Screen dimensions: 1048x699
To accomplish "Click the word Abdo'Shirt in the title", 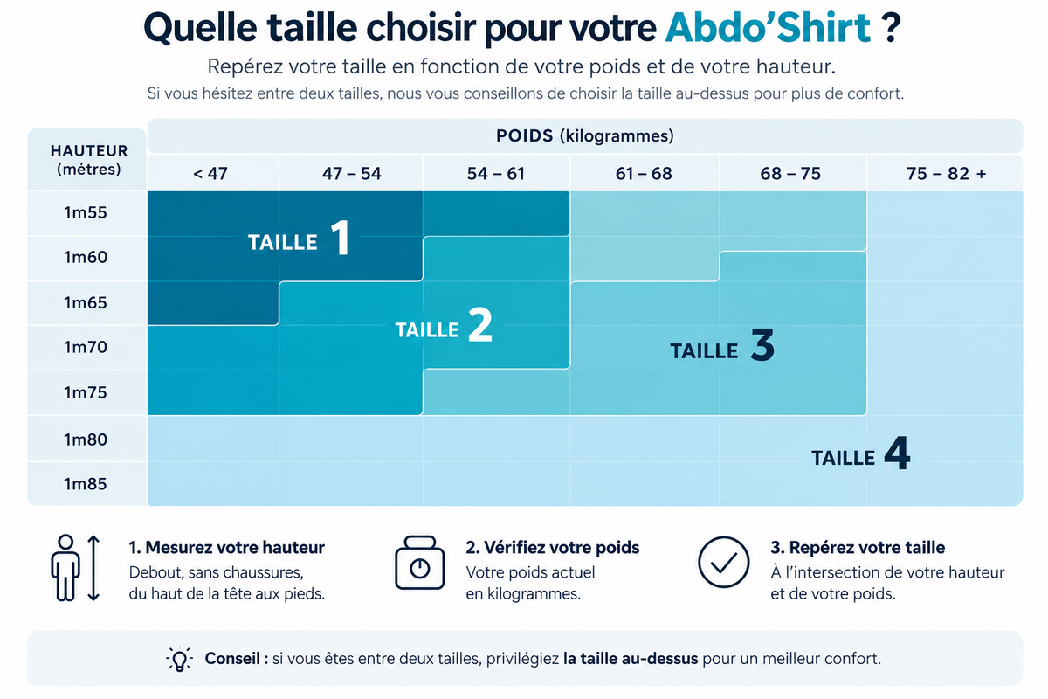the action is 768,28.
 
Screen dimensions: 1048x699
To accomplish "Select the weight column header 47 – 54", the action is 352,174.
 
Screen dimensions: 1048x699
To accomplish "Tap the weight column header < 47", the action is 210,174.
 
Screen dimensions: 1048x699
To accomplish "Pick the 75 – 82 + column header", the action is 947,174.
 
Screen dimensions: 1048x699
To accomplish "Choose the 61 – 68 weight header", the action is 644,174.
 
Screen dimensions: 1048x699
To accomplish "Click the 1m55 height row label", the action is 86,212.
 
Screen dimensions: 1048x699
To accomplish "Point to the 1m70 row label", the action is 86,347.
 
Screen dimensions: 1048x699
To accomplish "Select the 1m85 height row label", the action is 86,484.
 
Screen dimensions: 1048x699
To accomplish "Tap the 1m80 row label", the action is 86,439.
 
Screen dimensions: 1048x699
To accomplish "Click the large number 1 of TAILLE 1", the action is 340,238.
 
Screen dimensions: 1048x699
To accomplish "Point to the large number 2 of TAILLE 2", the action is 480,324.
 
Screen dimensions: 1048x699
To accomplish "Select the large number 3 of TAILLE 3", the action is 762,344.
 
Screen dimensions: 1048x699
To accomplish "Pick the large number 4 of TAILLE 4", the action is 898,453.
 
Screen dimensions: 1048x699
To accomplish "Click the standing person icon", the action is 65,567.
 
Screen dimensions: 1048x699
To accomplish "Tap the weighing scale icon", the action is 420,563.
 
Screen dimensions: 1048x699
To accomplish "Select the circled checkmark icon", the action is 723,562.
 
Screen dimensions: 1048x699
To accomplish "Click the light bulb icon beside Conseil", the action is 179,660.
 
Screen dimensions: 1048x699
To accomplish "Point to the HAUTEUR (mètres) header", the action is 88,160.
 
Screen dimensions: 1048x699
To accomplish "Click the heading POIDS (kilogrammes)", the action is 585,135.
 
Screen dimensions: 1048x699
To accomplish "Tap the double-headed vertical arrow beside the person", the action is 93,568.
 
